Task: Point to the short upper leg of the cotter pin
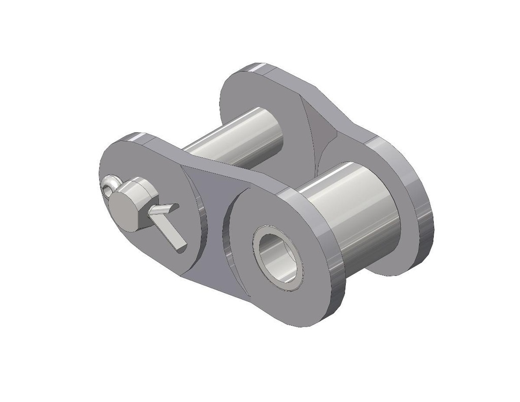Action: point(164,209)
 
